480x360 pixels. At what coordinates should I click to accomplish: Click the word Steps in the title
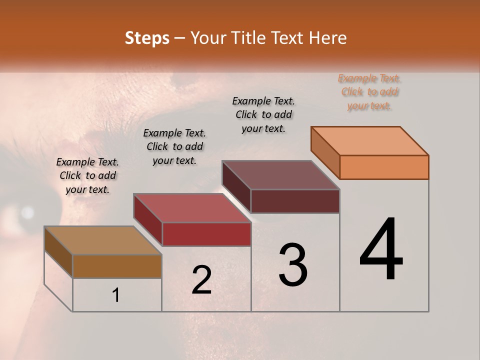point(147,38)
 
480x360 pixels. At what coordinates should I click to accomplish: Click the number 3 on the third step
point(293,265)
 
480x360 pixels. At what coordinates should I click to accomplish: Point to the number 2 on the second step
point(201,280)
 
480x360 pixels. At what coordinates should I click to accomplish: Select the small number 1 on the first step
point(116,295)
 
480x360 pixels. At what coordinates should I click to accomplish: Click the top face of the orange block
point(370,141)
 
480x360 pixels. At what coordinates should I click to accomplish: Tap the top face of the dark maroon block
point(281,175)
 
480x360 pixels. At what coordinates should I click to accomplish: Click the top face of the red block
point(192,208)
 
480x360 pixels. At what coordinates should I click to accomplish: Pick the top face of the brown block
point(103,240)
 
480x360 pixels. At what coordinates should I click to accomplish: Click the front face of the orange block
point(384,167)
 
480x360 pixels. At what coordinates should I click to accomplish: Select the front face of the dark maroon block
point(295,201)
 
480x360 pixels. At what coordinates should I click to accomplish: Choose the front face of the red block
point(206,234)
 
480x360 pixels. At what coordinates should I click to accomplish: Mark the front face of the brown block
point(117,266)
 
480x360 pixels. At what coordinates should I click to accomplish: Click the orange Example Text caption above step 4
point(369,92)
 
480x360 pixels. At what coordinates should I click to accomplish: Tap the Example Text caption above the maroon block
point(263,114)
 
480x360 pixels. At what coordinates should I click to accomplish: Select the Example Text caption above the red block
point(174,146)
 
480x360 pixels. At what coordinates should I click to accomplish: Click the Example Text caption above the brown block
point(87,175)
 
